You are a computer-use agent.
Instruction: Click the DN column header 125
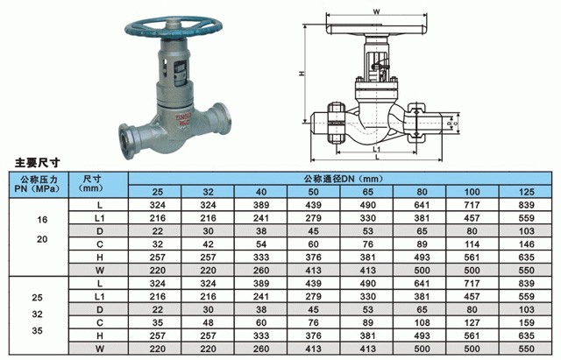pos(526,192)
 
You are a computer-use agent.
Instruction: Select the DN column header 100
pos(472,192)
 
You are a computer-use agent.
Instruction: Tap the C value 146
pos(526,244)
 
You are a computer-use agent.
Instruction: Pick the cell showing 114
pos(472,244)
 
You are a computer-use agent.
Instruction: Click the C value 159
pos(526,323)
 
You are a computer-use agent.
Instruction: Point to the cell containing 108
pos(422,323)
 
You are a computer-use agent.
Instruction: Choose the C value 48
pos(209,323)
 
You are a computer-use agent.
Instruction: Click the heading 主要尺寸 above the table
pos(37,163)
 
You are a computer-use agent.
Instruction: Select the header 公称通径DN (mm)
pos(344,179)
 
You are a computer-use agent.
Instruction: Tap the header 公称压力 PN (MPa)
pos(39,184)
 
